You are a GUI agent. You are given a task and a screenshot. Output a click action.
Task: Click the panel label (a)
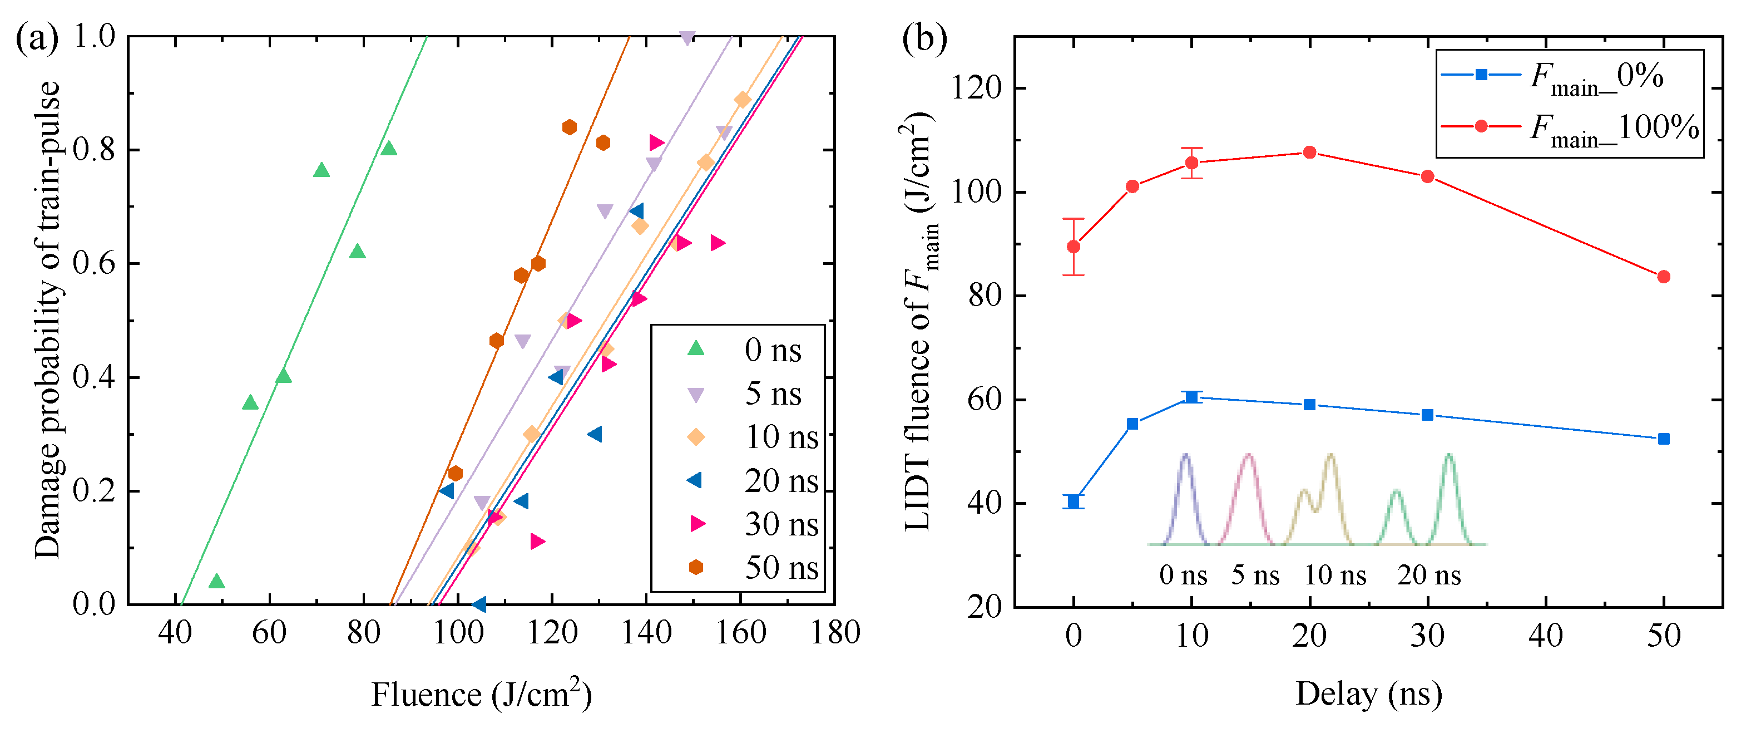click(x=37, y=39)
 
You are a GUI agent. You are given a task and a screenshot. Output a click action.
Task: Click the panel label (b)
click(x=924, y=39)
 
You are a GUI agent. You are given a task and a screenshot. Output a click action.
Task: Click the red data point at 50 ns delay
click(x=1663, y=277)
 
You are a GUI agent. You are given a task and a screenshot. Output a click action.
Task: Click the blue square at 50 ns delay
click(x=1663, y=439)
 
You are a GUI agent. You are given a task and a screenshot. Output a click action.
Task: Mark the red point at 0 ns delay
click(x=1074, y=247)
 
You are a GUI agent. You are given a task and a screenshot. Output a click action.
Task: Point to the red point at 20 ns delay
click(x=1309, y=152)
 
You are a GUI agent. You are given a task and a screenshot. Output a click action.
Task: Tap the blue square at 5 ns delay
click(x=1132, y=424)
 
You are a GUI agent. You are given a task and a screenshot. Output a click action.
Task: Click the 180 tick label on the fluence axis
click(x=834, y=633)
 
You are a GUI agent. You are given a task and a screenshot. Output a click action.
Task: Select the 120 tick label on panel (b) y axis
click(x=977, y=88)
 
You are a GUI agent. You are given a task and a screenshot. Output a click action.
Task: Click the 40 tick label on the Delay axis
click(x=1545, y=636)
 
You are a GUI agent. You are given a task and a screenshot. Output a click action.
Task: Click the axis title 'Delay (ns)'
click(x=1368, y=693)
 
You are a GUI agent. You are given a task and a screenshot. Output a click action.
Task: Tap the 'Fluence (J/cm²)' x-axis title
click(x=481, y=695)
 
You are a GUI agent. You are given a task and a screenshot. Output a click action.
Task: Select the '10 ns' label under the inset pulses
click(x=1335, y=575)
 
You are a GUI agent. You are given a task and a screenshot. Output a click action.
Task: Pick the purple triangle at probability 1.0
click(x=687, y=37)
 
